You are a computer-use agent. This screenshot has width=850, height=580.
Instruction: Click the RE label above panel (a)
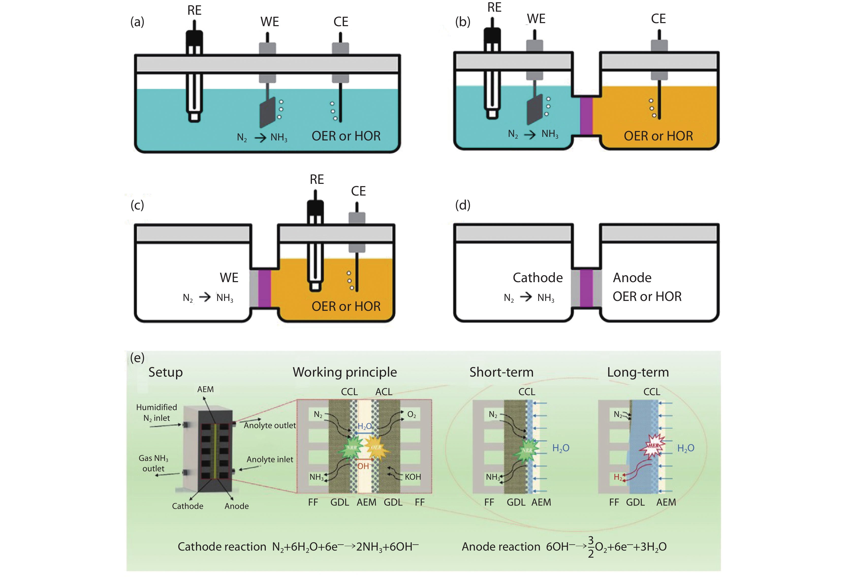[x=194, y=10]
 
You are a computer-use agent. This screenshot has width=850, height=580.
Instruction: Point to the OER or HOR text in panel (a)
[x=346, y=136]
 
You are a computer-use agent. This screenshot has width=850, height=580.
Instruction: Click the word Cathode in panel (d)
[x=537, y=278]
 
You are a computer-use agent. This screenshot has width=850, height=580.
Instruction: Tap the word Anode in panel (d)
[x=632, y=278]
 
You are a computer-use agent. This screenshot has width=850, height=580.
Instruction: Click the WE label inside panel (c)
[x=229, y=278]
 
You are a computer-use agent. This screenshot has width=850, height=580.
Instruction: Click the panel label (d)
[x=462, y=205]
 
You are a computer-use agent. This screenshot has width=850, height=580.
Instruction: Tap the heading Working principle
[x=344, y=372]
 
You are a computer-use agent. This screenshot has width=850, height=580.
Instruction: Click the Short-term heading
[x=501, y=372]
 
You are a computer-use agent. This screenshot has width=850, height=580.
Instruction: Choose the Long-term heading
[x=638, y=372]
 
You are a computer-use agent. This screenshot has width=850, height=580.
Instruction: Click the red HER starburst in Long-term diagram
[x=653, y=446]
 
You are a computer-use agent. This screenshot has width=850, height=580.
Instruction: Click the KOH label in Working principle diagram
[x=413, y=477]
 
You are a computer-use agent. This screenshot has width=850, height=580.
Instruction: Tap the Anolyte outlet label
[x=270, y=425]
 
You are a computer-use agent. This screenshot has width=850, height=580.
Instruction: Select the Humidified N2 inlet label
[x=156, y=412]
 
